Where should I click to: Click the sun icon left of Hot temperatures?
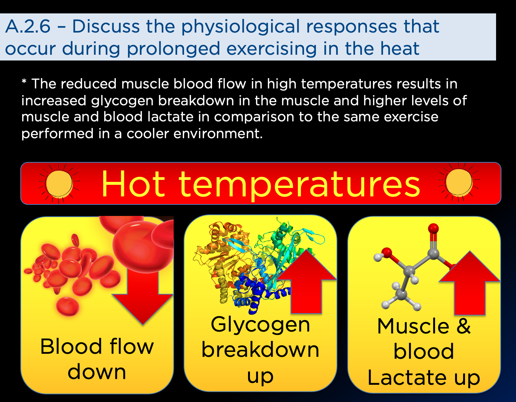[59, 183]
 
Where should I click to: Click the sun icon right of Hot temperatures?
[459, 182]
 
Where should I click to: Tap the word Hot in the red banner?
[133, 183]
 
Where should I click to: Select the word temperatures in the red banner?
[299, 186]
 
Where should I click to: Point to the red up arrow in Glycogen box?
[306, 282]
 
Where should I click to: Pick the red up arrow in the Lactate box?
[470, 283]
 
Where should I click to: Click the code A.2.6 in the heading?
[28, 26]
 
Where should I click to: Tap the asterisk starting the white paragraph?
[24, 82]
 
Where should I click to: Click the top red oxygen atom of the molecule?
[433, 229]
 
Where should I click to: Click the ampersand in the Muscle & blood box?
[463, 326]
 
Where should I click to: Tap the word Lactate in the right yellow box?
[409, 377]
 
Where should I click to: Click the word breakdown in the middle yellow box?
[260, 350]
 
